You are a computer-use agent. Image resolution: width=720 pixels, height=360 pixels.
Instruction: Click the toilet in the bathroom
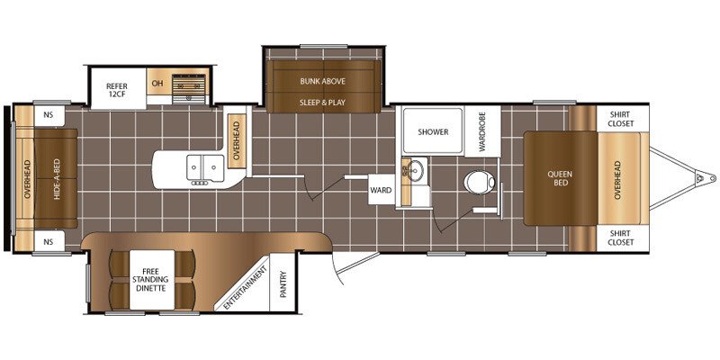(480, 183)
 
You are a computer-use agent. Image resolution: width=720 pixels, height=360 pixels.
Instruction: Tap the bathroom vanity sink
(415, 172)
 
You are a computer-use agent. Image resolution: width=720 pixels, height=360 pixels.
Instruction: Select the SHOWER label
(433, 132)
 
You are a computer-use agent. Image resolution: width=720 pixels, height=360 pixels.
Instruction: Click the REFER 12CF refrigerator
(119, 88)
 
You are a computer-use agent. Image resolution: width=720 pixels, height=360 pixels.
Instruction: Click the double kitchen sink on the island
(205, 167)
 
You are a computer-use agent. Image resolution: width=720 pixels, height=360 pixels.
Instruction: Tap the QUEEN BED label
(560, 178)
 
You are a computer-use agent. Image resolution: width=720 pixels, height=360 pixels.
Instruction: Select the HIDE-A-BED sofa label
(57, 178)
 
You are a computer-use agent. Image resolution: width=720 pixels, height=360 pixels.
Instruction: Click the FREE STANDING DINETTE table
(152, 279)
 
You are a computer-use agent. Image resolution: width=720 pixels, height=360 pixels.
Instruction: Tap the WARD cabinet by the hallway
(381, 190)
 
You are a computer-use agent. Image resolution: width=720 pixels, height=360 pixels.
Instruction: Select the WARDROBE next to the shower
(482, 131)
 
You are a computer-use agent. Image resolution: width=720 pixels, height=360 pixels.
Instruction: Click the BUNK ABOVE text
(323, 81)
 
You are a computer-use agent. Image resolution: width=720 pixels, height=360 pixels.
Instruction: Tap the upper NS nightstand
(49, 116)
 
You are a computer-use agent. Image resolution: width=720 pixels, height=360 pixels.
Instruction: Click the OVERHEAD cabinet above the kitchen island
(237, 140)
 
